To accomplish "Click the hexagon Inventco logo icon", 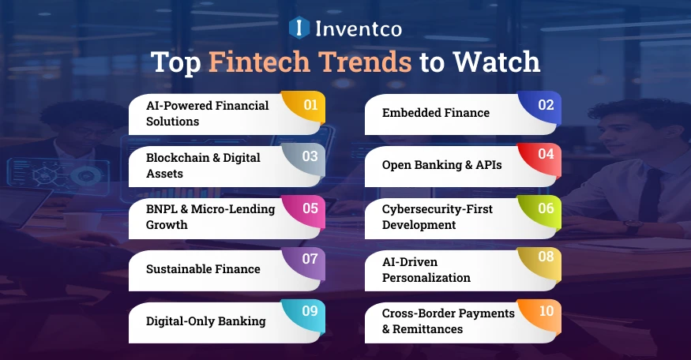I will pyautogui.click(x=299, y=28).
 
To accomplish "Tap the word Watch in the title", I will pyautogui.click(x=494, y=62).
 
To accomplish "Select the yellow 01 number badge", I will pyautogui.click(x=310, y=105).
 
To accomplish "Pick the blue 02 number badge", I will pyautogui.click(x=546, y=105).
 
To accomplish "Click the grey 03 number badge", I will pyautogui.click(x=310, y=156).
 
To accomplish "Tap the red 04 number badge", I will pyautogui.click(x=546, y=156).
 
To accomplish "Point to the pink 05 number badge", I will pyautogui.click(x=310, y=208).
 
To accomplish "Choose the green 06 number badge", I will pyautogui.click(x=546, y=208).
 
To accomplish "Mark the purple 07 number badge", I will pyautogui.click(x=310, y=260).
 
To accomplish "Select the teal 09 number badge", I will pyautogui.click(x=310, y=312).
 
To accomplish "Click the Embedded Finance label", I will pyautogui.click(x=435, y=113).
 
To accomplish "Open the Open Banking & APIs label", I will pyautogui.click(x=441, y=165).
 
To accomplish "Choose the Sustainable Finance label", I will pyautogui.click(x=203, y=269).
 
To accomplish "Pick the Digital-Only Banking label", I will pyautogui.click(x=205, y=321).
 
